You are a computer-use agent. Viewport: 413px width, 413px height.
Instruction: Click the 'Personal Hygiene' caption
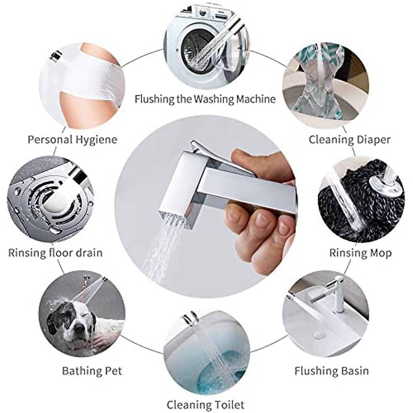point(72,140)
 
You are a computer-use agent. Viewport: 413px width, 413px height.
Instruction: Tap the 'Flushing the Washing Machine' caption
point(205,99)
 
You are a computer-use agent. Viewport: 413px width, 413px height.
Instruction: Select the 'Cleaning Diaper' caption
point(349,140)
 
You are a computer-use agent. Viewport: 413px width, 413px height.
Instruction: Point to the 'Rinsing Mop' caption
point(360,253)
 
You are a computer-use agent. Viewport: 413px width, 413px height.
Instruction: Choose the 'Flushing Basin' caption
point(331,371)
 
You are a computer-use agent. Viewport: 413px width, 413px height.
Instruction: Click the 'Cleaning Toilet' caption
point(205,405)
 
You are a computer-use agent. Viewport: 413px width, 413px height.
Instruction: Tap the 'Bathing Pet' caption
point(92,371)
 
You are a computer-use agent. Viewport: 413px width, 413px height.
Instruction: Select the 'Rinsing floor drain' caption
point(55,253)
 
